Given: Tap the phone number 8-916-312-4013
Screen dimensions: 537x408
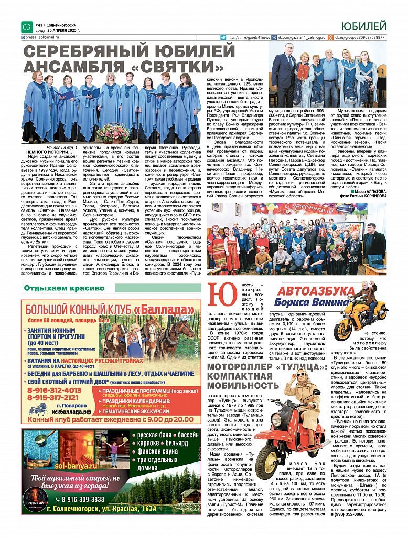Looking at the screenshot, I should pos(55,391).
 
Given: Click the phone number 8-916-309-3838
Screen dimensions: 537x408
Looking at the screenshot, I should pos(83,499).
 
